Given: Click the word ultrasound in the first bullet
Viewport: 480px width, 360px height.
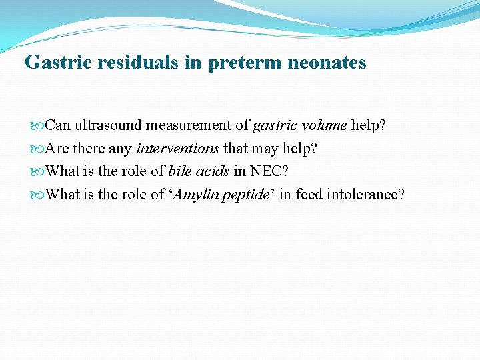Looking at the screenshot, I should [x=109, y=125].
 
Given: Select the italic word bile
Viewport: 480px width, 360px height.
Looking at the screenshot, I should [x=179, y=171].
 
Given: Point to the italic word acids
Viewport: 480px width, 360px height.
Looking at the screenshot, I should [x=213, y=171].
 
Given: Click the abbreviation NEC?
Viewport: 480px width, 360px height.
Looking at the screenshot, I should [x=269, y=171].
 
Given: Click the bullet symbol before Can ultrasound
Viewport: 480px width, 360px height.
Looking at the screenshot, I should [x=37, y=125].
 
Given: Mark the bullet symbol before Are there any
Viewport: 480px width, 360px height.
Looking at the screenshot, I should [x=37, y=149].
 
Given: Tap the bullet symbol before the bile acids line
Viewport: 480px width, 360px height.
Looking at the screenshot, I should [x=37, y=172].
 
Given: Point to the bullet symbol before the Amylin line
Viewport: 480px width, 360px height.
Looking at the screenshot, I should [x=37, y=195].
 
